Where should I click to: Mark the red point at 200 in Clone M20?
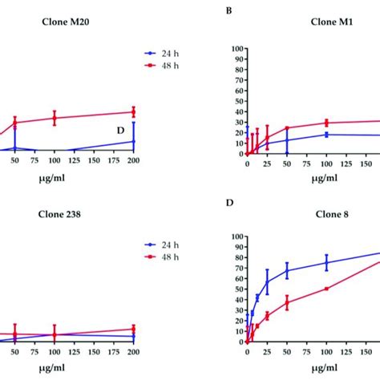134,112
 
